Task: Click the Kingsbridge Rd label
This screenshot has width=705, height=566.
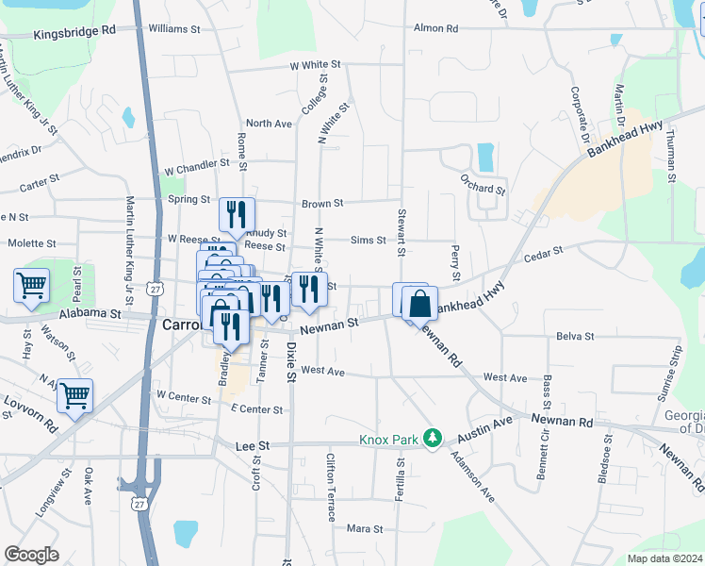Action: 74,31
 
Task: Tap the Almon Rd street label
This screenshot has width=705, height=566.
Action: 435,28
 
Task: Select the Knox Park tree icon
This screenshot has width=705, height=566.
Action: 433,439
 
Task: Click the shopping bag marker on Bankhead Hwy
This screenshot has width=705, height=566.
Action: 420,305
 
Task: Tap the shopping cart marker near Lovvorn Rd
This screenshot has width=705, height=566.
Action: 74,396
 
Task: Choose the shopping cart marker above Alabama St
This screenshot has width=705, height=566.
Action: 31,285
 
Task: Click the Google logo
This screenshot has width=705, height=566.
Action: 31,555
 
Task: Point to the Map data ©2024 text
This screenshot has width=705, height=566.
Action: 664,558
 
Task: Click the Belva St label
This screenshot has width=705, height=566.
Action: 575,336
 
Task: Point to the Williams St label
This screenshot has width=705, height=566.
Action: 174,29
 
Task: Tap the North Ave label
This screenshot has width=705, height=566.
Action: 269,124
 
